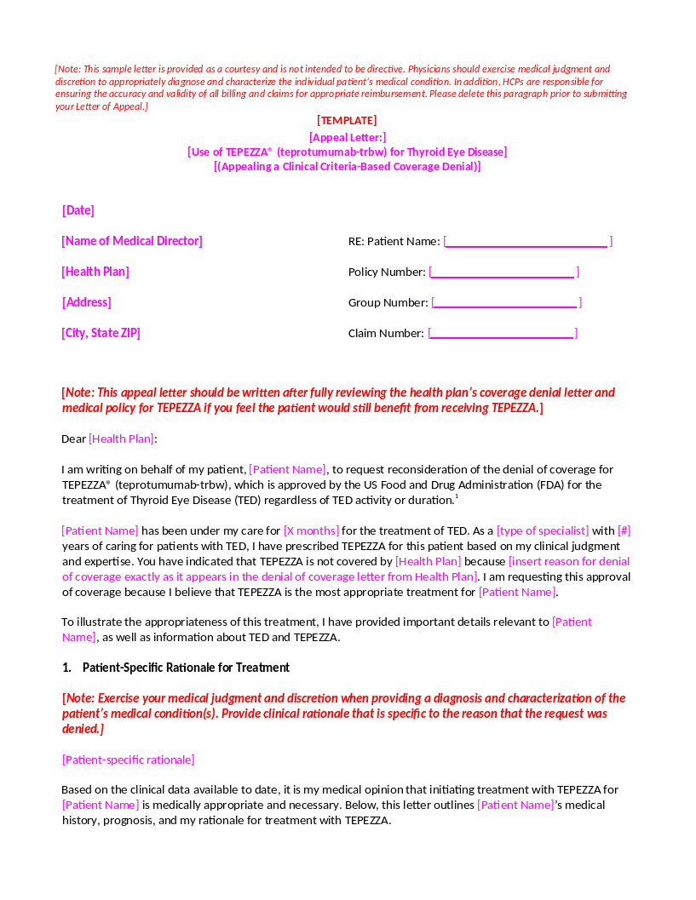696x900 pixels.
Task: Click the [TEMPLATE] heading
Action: pyautogui.click(x=347, y=121)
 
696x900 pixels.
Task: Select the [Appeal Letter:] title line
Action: pyautogui.click(x=348, y=136)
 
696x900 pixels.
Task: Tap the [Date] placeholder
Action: pyautogui.click(x=78, y=210)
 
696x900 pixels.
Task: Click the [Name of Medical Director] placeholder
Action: pyautogui.click(x=132, y=241)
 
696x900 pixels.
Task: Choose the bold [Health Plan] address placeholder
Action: pyautogui.click(x=95, y=272)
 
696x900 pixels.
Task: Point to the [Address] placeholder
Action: pyautogui.click(x=86, y=302)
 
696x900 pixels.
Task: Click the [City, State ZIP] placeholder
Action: pyautogui.click(x=101, y=333)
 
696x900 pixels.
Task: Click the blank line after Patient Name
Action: pyautogui.click(x=526, y=242)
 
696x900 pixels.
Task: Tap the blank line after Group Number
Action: pyautogui.click(x=505, y=303)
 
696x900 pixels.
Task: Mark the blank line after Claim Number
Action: pyautogui.click(x=503, y=334)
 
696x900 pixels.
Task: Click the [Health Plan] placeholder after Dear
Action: pyautogui.click(x=122, y=439)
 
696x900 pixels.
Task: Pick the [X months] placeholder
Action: pyautogui.click(x=311, y=530)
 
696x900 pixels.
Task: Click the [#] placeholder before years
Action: pyautogui.click(x=624, y=530)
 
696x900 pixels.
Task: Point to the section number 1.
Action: pyautogui.click(x=66, y=668)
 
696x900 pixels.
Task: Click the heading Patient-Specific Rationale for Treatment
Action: pyautogui.click(x=186, y=668)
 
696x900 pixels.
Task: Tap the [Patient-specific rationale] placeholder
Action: pyautogui.click(x=128, y=760)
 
